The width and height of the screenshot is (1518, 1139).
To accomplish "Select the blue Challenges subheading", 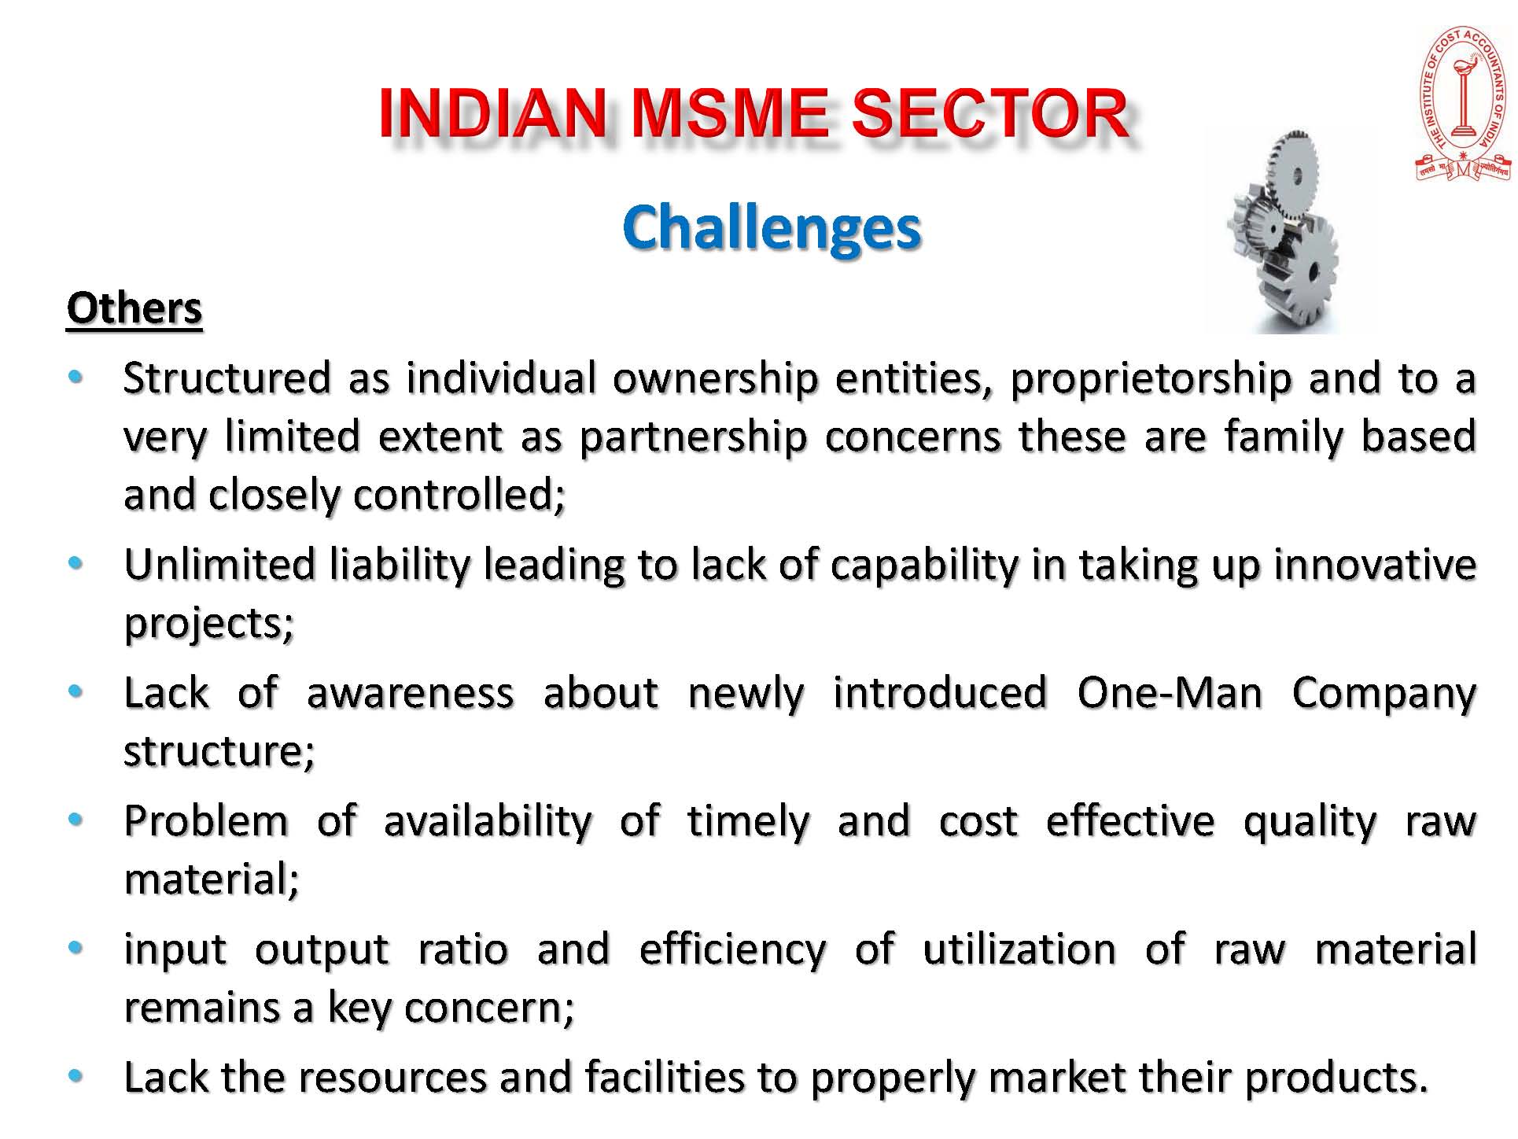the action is point(771,228).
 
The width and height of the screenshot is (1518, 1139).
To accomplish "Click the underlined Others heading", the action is point(134,308).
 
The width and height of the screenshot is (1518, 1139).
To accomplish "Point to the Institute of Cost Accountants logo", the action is point(1463,105).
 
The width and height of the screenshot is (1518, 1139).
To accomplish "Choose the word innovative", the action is point(1375,565).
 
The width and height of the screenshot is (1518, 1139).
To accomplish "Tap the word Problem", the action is point(206,821).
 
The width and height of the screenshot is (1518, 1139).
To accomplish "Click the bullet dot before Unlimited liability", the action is point(76,563).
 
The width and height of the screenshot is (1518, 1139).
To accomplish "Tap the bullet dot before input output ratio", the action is point(76,948).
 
